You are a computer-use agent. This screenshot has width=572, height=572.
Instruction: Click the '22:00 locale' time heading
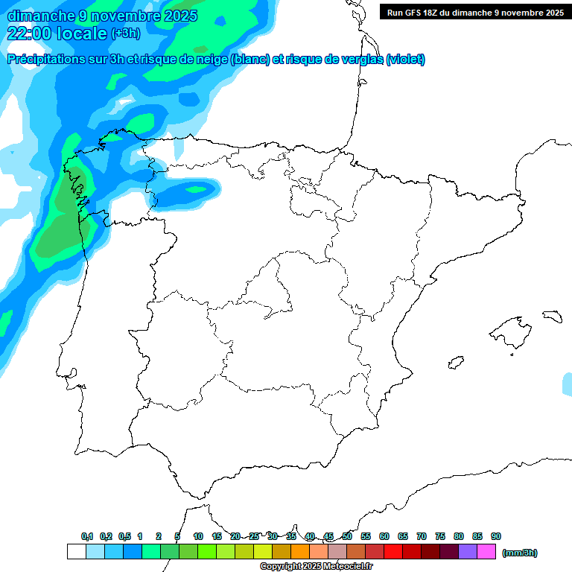[x=57, y=33]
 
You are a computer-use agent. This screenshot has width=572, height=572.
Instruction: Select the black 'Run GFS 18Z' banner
[x=475, y=12]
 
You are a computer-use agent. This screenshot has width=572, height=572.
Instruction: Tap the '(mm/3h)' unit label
[x=520, y=553]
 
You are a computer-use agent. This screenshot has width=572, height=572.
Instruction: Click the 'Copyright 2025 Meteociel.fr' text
[x=316, y=567]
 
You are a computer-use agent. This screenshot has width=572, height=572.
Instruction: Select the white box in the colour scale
[x=76, y=552]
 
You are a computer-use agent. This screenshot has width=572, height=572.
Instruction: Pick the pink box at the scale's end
[x=486, y=552]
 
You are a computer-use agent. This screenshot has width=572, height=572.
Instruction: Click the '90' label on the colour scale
[x=496, y=536]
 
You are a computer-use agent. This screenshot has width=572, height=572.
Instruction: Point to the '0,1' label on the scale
[x=87, y=536]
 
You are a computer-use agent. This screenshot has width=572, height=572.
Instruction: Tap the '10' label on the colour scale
[x=198, y=536]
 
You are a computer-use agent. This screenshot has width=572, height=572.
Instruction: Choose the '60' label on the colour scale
[x=384, y=536]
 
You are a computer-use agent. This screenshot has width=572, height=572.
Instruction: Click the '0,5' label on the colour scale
[x=124, y=536]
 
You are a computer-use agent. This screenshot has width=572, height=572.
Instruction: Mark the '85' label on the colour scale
[x=477, y=536]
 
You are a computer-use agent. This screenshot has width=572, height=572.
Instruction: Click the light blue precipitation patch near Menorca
[x=568, y=384]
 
